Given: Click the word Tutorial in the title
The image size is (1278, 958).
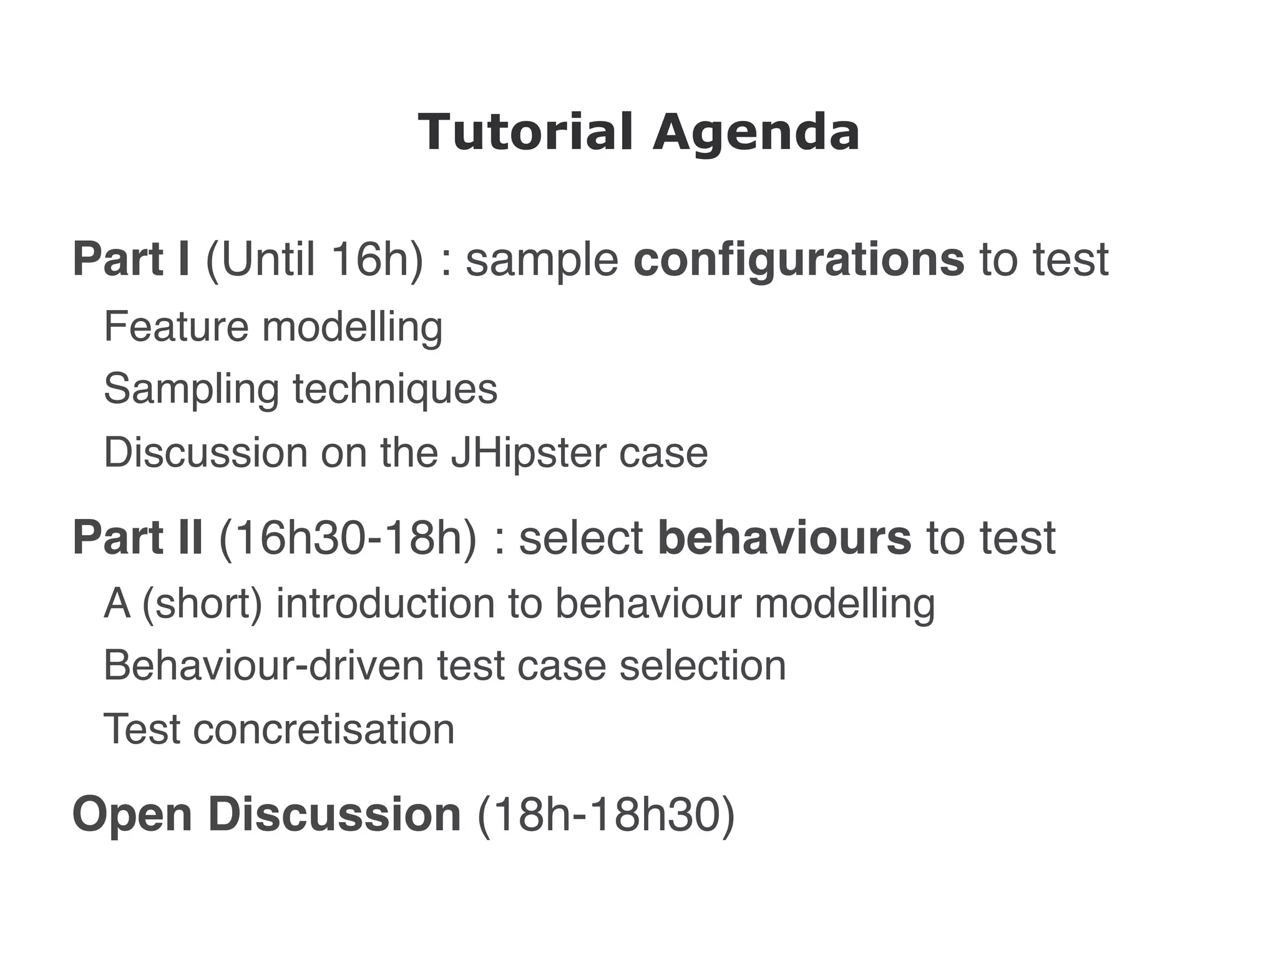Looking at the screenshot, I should (525, 132).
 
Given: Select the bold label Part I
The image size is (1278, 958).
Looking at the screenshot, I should (131, 259).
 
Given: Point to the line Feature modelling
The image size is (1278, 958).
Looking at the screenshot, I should (273, 326).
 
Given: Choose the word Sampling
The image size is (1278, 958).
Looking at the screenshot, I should (191, 389).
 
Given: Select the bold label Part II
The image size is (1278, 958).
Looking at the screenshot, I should (137, 537).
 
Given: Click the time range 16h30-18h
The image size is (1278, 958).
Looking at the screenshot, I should (348, 537).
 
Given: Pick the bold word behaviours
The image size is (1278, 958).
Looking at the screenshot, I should (784, 537).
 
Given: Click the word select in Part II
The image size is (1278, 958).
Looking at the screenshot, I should (581, 537).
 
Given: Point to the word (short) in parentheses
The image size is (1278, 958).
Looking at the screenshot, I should (202, 604).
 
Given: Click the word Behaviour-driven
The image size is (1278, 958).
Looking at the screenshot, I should (265, 665).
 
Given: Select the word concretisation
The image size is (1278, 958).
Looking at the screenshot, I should (324, 729).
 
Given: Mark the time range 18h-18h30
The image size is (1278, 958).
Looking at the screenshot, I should (606, 815).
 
